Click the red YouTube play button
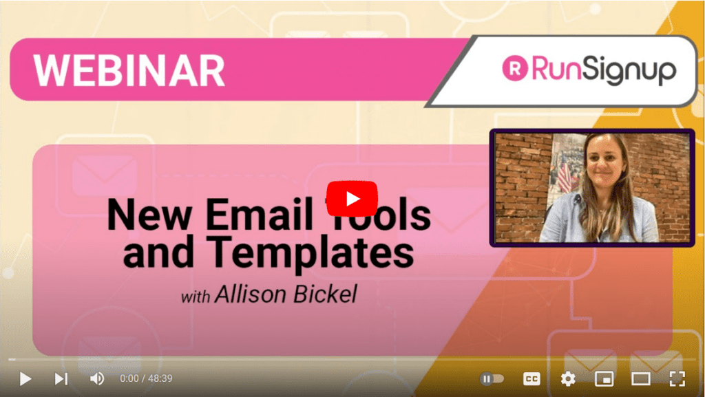pyautogui.click(x=352, y=198)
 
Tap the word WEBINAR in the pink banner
pyautogui.click(x=129, y=70)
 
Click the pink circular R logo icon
pyautogui.click(x=515, y=68)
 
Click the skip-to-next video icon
pyautogui.click(x=61, y=379)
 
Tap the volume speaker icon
pyautogui.click(x=97, y=378)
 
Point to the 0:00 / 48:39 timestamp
pyautogui.click(x=146, y=378)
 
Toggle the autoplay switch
pyautogui.click(x=492, y=379)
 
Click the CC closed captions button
pyautogui.click(x=532, y=379)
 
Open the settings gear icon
pyautogui.click(x=568, y=379)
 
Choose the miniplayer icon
pyautogui.click(x=604, y=379)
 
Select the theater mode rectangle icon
pyautogui.click(x=641, y=379)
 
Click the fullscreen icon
pyautogui.click(x=677, y=379)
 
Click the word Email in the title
pyautogui.click(x=259, y=215)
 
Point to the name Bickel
pyautogui.click(x=325, y=294)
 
